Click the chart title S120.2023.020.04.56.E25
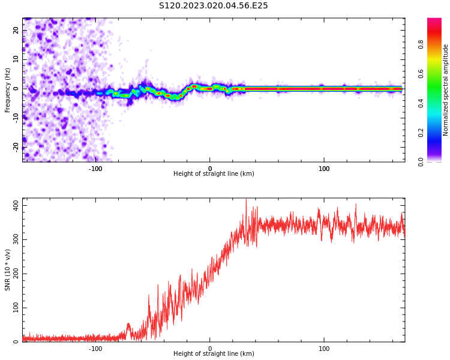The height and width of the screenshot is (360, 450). coord(213,6)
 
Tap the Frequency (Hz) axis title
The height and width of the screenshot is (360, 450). coord(8,89)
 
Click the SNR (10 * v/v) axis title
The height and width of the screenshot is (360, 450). coord(8,269)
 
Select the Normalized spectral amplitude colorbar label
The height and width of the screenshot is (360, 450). coord(446,89)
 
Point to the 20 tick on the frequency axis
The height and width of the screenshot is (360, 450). coord(16,31)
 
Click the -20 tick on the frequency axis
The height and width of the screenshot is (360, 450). coord(16,146)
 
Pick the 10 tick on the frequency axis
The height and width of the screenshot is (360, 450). coord(16,59)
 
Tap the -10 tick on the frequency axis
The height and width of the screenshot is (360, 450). coord(16,118)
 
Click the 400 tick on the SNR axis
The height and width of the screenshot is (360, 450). coord(15,205)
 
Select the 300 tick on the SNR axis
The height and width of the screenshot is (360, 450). coord(15,239)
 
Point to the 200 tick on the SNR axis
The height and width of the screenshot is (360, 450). coord(15,274)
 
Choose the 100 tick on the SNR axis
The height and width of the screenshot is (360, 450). coord(15,308)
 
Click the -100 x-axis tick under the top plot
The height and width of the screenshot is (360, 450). coord(95,169)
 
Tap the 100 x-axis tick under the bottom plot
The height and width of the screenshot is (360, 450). coord(324,348)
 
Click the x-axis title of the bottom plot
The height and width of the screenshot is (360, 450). coord(214,354)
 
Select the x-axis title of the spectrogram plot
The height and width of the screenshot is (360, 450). coord(214,174)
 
